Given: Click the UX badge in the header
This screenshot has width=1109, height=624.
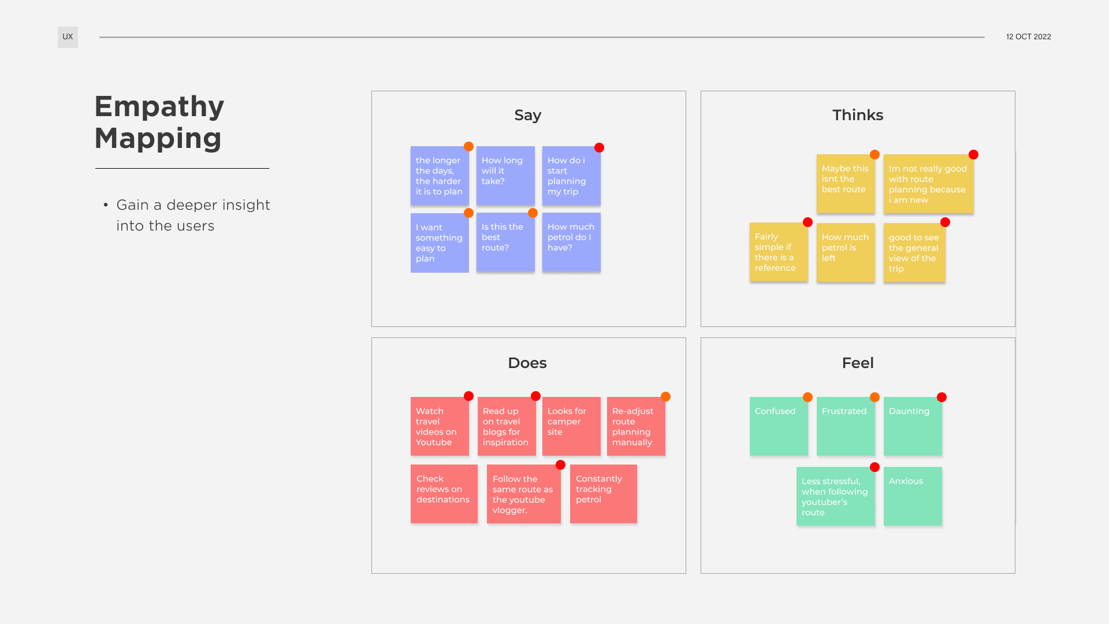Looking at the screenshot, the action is [68, 37].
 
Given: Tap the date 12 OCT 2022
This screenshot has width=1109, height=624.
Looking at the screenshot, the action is [1028, 37].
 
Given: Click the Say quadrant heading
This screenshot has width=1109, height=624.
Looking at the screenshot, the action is [527, 115].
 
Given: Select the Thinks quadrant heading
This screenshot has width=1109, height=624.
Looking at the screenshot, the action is [857, 115].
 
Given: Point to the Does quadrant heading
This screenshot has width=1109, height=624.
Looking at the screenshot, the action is [527, 363].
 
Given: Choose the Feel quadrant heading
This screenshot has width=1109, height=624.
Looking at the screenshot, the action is [857, 363].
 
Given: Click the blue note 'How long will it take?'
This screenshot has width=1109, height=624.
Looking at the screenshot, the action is [505, 176].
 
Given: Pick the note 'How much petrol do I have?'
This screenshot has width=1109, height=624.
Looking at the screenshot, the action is [571, 242].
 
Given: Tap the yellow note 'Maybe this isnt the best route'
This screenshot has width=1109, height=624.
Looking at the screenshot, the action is [846, 184].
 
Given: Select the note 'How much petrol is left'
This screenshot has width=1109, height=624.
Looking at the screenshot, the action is [846, 252].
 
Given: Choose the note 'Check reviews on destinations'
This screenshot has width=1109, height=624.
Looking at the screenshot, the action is [444, 493].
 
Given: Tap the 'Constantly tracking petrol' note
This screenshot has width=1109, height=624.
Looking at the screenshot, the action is [603, 493].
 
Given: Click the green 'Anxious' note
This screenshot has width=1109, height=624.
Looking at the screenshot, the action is [913, 496].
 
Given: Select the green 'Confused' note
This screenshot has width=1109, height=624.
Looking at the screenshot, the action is [779, 426].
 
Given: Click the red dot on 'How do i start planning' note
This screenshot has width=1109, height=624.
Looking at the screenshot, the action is [599, 148].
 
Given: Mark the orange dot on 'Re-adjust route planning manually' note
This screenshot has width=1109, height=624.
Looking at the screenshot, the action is [665, 397].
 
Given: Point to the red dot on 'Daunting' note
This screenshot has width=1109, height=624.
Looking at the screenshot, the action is [941, 398].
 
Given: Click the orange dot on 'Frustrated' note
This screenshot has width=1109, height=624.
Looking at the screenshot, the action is [874, 398].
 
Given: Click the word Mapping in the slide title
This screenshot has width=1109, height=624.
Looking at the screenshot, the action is [158, 139].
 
